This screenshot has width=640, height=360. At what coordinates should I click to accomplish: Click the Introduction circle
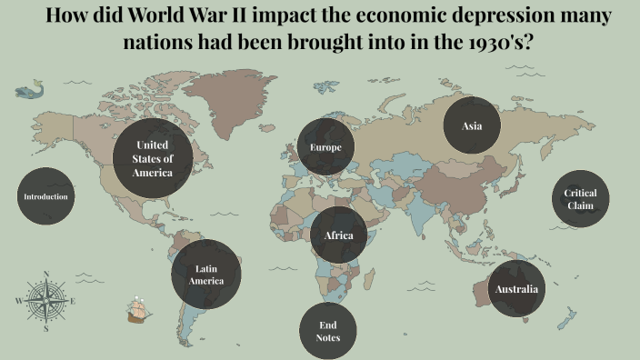click(45, 196)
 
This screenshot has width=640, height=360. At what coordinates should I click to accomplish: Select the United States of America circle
click(153, 158)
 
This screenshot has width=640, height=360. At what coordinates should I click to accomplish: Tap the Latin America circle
click(206, 275)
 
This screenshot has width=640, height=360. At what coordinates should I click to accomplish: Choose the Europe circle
click(325, 147)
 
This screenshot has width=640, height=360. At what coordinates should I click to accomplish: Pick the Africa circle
click(338, 235)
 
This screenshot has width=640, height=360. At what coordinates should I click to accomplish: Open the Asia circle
click(472, 125)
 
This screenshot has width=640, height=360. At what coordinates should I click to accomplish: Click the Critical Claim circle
click(580, 199)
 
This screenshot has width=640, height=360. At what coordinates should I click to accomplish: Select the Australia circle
click(516, 290)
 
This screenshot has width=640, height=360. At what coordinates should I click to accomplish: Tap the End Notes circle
click(328, 331)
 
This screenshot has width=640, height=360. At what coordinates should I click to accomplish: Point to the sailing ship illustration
click(138, 311)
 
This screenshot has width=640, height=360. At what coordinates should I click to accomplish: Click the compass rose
click(45, 300)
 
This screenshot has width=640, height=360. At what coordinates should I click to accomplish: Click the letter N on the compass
click(45, 273)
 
